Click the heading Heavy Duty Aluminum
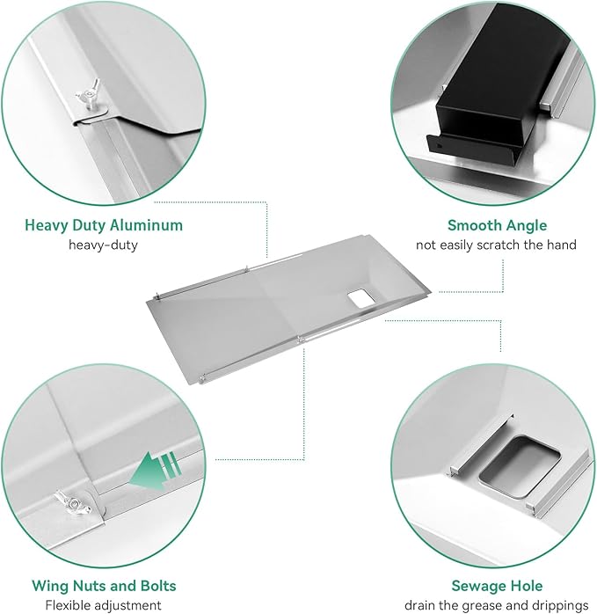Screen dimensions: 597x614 (104, 225)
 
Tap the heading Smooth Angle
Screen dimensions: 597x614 (497, 225)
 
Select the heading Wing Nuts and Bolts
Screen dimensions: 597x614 (104, 586)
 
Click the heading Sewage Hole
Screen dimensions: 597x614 (497, 586)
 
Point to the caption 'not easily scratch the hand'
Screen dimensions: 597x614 (496, 245)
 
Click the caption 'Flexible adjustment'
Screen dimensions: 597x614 (104, 605)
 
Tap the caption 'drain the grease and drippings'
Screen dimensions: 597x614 (497, 605)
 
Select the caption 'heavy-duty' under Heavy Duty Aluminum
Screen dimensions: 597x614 (104, 245)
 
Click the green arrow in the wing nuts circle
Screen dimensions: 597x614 (156, 470)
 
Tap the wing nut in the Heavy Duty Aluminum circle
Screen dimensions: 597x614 (89, 96)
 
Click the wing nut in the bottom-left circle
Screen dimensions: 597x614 (73, 502)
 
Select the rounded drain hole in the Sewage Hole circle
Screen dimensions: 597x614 (520, 466)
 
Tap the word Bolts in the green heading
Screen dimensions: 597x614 (156, 586)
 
